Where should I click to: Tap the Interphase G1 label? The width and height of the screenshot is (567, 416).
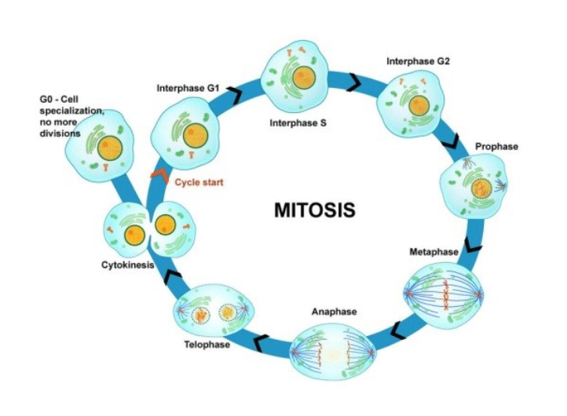[188, 88]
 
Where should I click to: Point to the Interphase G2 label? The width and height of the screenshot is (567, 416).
[419, 60]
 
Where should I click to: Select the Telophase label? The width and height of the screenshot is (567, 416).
[207, 344]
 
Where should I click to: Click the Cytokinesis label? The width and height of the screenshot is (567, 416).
[127, 265]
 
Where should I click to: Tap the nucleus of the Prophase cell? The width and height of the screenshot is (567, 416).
[477, 189]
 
